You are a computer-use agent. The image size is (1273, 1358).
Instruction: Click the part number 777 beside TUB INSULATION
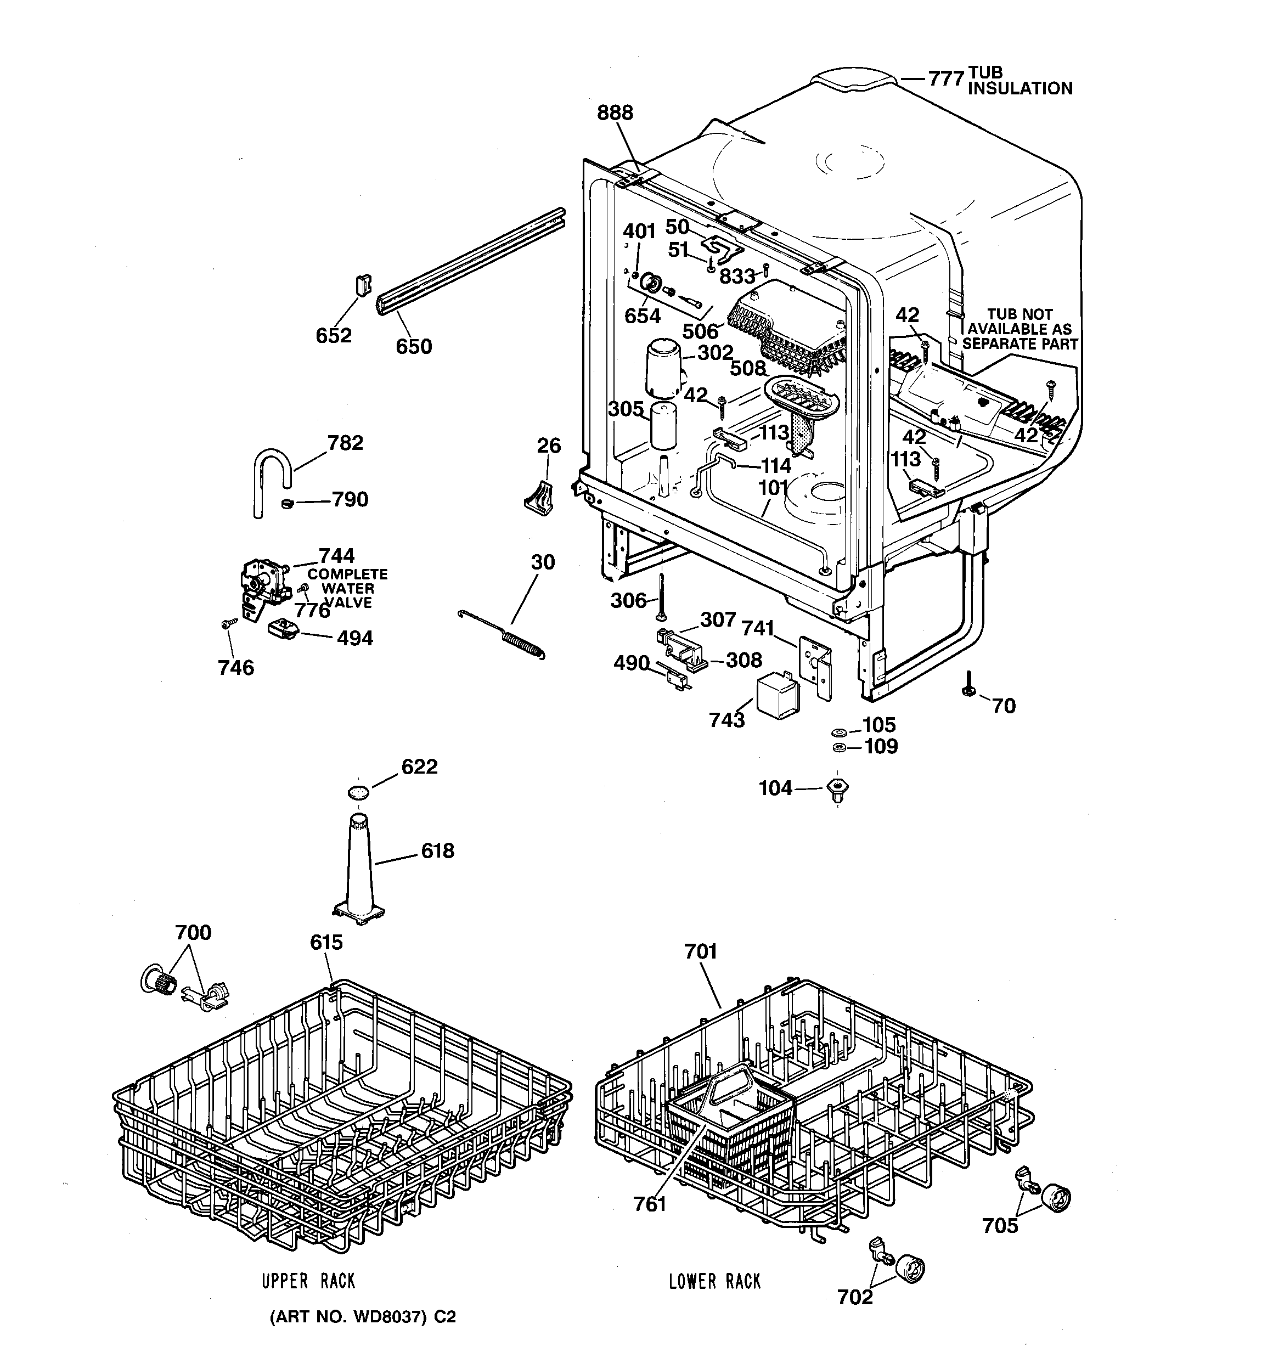pyautogui.click(x=945, y=79)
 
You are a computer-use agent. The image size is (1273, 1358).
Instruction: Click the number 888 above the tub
pyautogui.click(x=615, y=112)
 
